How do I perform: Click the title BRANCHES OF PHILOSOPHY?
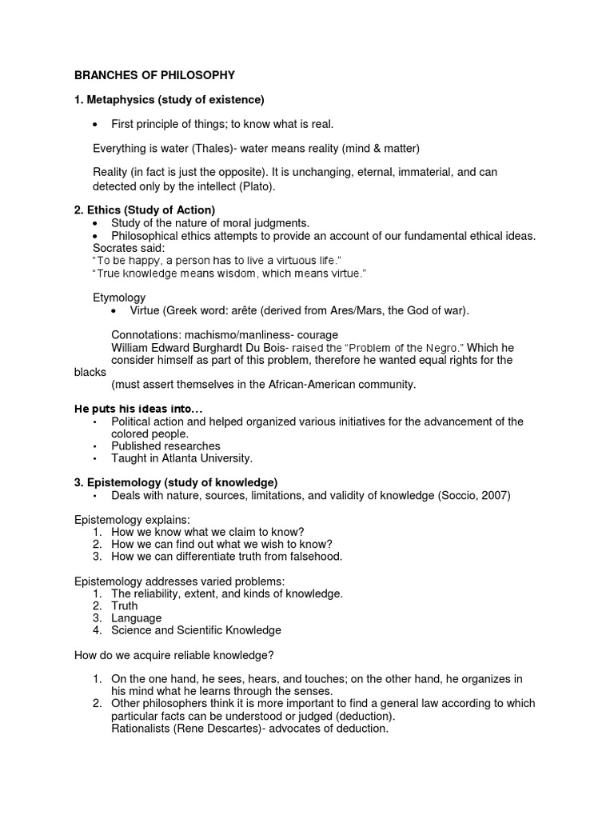click(154, 76)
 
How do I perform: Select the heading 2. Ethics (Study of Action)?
click(144, 210)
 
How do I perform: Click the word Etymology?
click(119, 298)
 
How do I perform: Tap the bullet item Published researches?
click(165, 445)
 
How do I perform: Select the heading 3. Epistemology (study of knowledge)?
click(176, 482)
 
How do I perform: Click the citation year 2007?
click(494, 496)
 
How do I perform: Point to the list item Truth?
click(125, 606)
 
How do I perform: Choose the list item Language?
click(137, 618)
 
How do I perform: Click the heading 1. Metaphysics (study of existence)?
click(169, 100)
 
